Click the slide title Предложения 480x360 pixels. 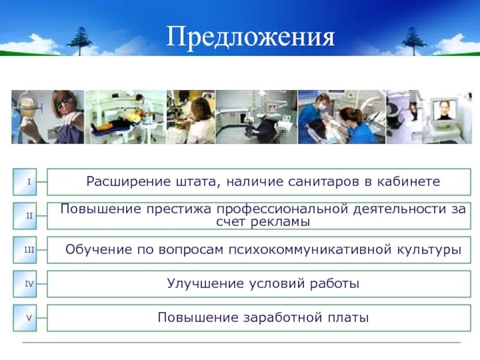pyautogui.click(x=250, y=37)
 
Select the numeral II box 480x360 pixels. pyautogui.click(x=27, y=215)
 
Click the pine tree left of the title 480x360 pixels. pyautogui.click(x=79, y=40)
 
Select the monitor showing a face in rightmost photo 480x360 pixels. pyautogui.click(x=444, y=110)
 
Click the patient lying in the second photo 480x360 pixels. pyautogui.click(x=117, y=123)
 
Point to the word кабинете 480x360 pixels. pyautogui.click(x=410, y=181)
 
